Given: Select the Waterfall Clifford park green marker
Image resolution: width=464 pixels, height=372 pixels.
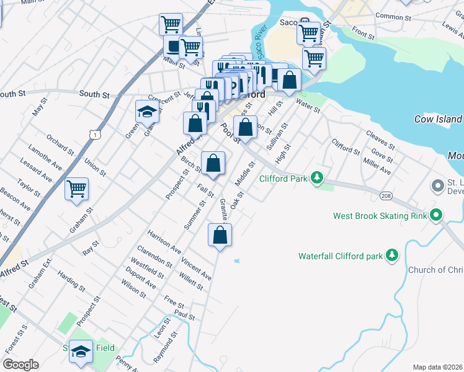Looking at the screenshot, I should tap(391, 255).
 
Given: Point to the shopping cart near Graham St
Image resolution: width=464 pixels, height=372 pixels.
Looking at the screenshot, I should tap(77, 188).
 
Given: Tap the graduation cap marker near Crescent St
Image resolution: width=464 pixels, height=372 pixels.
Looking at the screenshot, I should tap(148, 112).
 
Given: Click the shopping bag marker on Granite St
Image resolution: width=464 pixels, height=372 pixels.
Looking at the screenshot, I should tap(220, 235).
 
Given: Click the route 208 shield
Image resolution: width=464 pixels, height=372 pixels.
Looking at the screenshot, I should tap(386, 196).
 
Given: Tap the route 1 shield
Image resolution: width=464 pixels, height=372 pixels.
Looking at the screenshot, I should tap(94, 133).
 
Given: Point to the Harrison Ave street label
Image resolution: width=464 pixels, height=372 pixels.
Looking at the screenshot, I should tap(164, 242).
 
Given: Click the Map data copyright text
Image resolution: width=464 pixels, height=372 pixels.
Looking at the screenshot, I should tap(437, 367).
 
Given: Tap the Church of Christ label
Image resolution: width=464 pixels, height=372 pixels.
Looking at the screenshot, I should tap(435, 270).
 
